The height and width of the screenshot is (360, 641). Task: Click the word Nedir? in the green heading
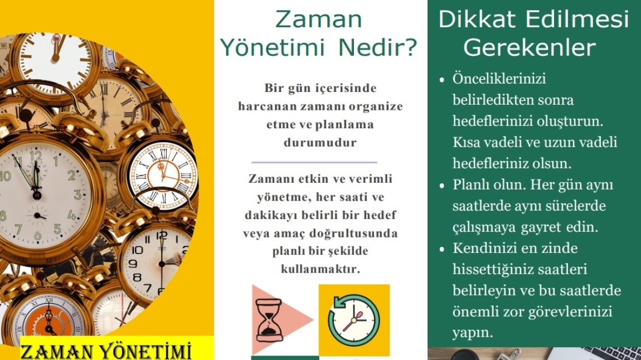point(378,48)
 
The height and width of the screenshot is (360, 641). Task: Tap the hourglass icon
point(269,320)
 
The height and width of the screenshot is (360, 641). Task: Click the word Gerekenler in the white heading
point(530,48)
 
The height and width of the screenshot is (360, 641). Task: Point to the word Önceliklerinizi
point(499,78)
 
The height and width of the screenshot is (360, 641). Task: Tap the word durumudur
point(320,143)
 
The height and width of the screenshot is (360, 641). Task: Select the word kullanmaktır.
point(320,269)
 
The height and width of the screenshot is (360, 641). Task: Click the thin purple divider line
point(314,163)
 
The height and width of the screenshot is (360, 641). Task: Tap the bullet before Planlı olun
point(441,186)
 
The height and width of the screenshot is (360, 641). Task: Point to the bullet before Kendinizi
point(441,249)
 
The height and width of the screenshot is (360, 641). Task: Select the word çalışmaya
point(484,227)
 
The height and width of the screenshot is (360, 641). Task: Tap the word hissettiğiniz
point(493,269)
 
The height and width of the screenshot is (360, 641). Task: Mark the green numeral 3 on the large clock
point(77,194)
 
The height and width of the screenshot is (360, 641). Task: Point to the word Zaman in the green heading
point(319,19)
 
